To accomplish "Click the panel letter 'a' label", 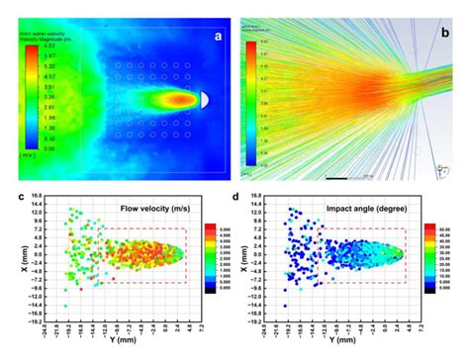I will coord(217,39).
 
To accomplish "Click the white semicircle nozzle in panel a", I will coord(203,99).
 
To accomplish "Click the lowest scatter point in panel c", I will coord(66,307).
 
